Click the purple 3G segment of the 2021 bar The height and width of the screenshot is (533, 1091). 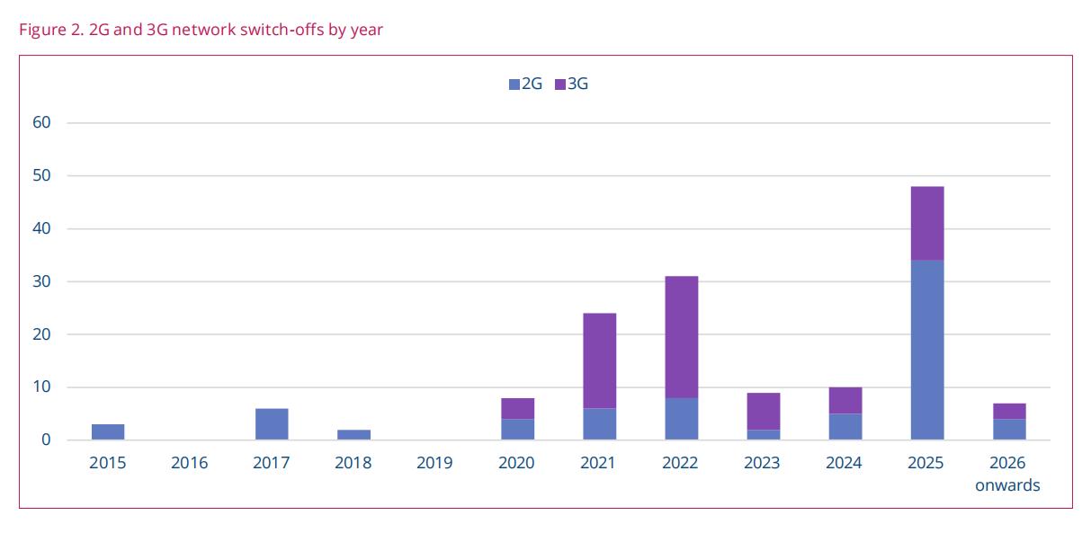pyautogui.click(x=599, y=360)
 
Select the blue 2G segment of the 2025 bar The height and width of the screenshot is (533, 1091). pyautogui.click(x=926, y=350)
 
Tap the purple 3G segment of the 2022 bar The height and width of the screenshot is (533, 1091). pyautogui.click(x=681, y=337)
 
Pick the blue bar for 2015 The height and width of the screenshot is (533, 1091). pyautogui.click(x=108, y=431)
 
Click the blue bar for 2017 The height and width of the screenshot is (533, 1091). pyautogui.click(x=272, y=424)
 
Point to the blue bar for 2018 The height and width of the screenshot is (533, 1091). pyautogui.click(x=353, y=434)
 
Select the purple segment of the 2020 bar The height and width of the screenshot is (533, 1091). pyautogui.click(x=517, y=408)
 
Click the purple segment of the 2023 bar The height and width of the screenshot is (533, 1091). pyautogui.click(x=763, y=411)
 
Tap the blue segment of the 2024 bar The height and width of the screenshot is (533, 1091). pyautogui.click(x=845, y=426)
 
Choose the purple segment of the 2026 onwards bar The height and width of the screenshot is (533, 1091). pyautogui.click(x=1008, y=411)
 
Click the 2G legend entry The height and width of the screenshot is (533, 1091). pyautogui.click(x=525, y=84)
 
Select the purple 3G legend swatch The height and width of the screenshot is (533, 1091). pyautogui.click(x=560, y=84)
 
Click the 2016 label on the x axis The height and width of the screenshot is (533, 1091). pyautogui.click(x=189, y=464)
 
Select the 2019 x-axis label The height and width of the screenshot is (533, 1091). pyautogui.click(x=435, y=464)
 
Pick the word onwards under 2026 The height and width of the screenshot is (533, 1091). pyautogui.click(x=1007, y=485)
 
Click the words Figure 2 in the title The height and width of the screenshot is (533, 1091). pyautogui.click(x=49, y=30)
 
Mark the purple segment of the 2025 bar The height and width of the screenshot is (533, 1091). pyautogui.click(x=926, y=223)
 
